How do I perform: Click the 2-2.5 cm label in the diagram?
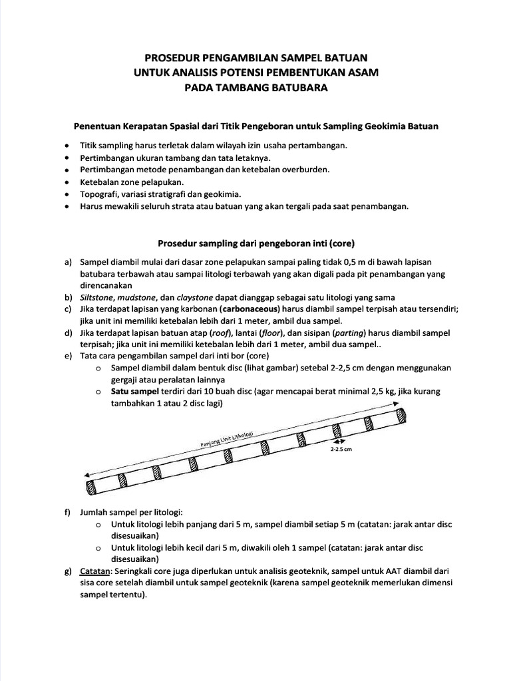(340, 449)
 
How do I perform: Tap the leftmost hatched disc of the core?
(90, 487)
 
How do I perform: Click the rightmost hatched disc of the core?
(403, 416)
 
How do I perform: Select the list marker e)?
(69, 356)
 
